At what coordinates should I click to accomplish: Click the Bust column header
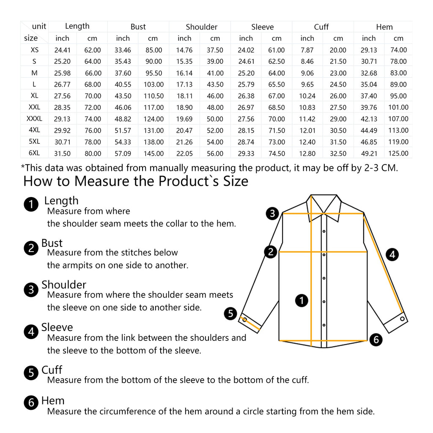[138, 27]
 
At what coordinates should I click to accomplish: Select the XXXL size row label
[34, 119]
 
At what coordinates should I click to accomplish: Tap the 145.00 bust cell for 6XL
[153, 153]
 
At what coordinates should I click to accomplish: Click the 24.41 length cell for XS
[62, 50]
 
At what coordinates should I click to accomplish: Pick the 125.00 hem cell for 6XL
[398, 153]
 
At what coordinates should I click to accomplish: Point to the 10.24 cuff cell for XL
[307, 96]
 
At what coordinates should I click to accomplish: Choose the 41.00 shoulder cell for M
[215, 73]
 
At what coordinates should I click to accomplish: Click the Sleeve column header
[262, 27]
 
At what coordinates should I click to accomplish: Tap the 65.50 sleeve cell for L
[277, 85]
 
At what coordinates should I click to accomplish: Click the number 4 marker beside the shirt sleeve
[392, 255]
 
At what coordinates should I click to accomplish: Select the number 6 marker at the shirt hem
[376, 339]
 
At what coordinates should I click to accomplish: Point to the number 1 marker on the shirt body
[301, 301]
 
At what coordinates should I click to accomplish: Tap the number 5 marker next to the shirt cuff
[230, 313]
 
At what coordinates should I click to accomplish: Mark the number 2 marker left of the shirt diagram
[271, 252]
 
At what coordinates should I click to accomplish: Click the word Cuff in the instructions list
[52, 370]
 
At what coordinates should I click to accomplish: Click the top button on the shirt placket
[324, 231]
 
